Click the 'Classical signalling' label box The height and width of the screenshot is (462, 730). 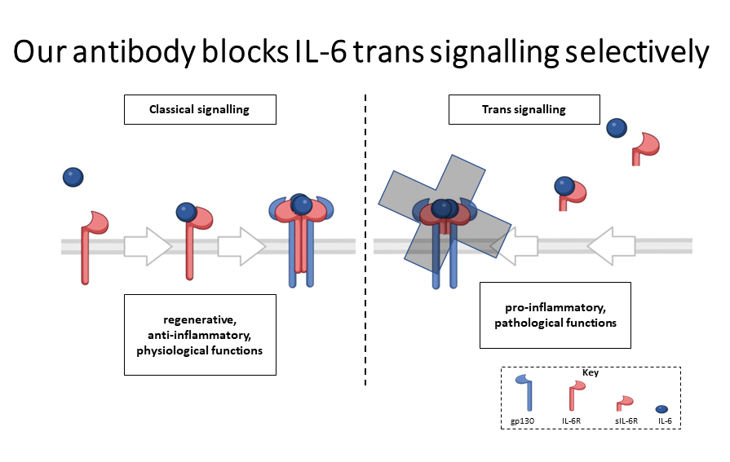[200, 110]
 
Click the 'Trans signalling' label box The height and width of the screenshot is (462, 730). [524, 110]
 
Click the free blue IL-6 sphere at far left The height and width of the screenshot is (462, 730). [73, 176]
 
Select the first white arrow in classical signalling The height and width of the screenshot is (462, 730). [148, 246]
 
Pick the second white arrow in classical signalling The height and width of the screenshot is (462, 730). [241, 246]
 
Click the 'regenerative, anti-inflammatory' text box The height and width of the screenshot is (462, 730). [200, 336]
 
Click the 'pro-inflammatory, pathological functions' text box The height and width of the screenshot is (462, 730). [555, 315]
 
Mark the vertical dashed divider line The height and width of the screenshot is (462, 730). [365, 244]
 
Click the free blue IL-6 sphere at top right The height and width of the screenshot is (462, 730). [617, 127]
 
